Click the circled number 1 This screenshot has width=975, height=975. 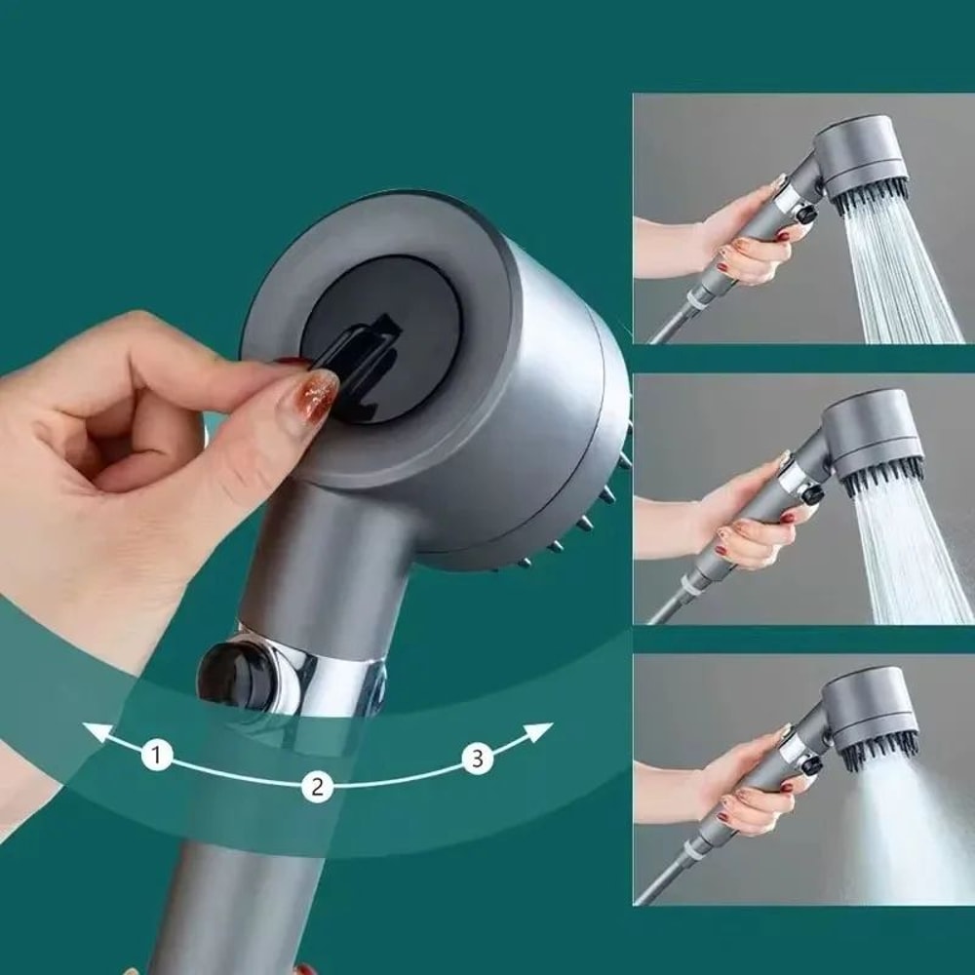(157, 754)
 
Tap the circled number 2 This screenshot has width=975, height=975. (315, 786)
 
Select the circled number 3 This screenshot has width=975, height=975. (476, 759)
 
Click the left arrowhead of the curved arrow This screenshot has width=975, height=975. (93, 731)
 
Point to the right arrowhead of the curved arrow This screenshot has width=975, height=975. (542, 730)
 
